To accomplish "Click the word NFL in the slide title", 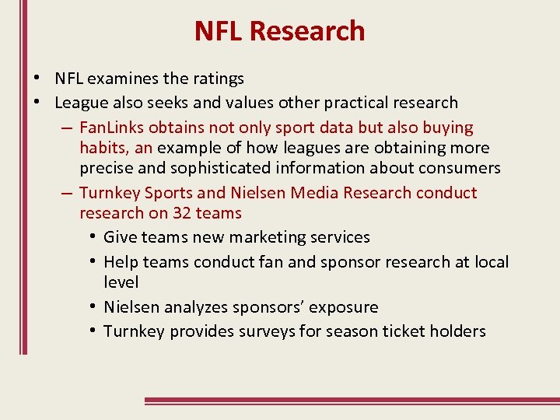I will [x=220, y=31].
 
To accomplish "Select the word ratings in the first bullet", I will [x=219, y=79].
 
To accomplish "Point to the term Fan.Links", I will [x=114, y=128].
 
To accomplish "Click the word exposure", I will [x=343, y=307].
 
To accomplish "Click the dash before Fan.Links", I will [x=65, y=128].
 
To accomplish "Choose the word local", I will [x=492, y=262].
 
